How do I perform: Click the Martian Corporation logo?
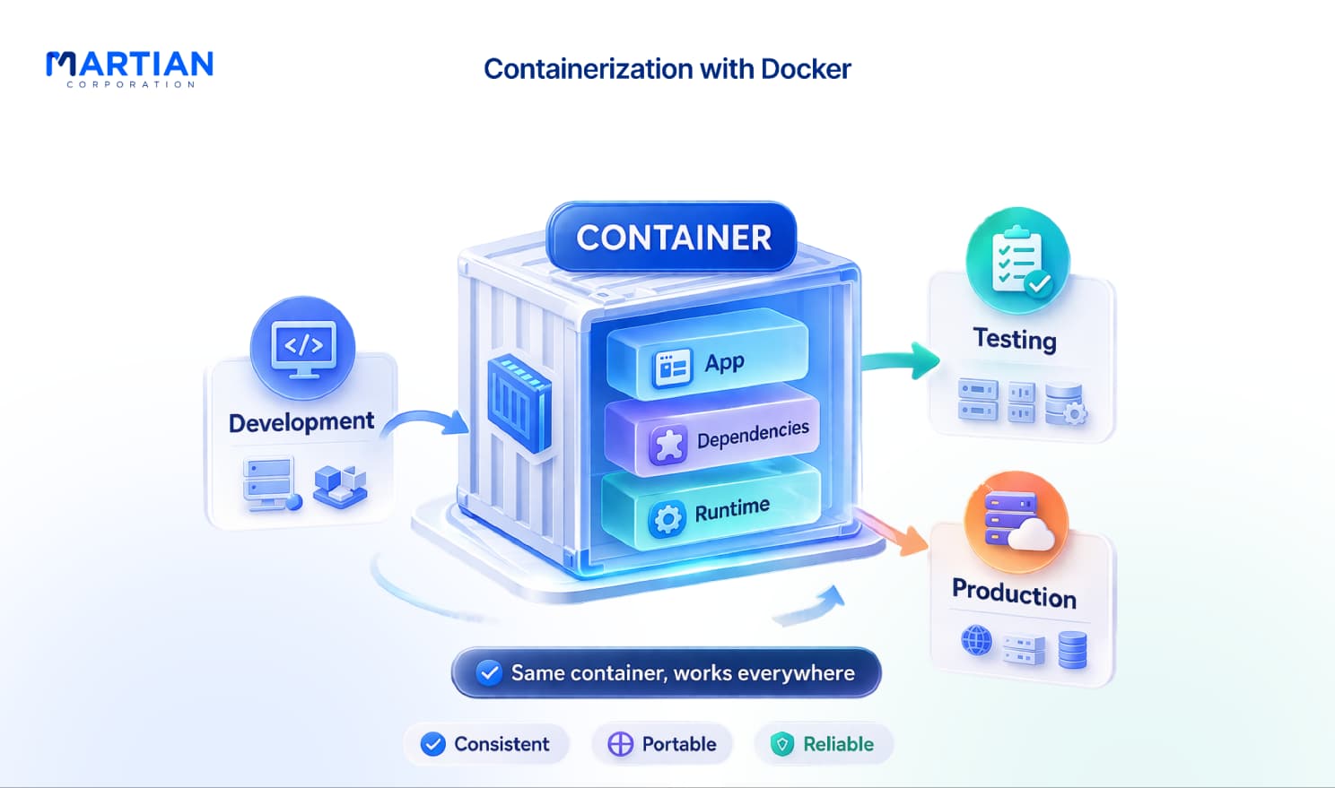[x=129, y=69]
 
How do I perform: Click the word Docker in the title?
[x=806, y=69]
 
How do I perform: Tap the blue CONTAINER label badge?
[x=673, y=237]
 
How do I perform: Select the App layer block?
[x=708, y=354]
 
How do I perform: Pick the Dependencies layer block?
[x=712, y=431]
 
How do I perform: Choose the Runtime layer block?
[x=711, y=505]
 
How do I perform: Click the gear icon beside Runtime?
[x=667, y=520]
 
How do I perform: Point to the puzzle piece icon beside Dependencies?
[x=668, y=446]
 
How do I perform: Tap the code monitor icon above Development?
[x=302, y=349]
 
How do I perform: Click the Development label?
[x=301, y=422]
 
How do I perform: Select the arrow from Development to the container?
[x=425, y=420]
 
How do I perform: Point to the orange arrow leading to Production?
[x=891, y=532]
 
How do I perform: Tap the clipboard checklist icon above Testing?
[x=1017, y=260]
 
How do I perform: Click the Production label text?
[x=1014, y=593]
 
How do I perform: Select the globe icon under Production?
[x=977, y=641]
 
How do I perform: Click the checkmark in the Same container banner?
[x=489, y=673]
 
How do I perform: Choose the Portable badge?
[x=662, y=744]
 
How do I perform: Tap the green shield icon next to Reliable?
[x=782, y=744]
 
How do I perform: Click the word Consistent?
[x=502, y=744]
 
